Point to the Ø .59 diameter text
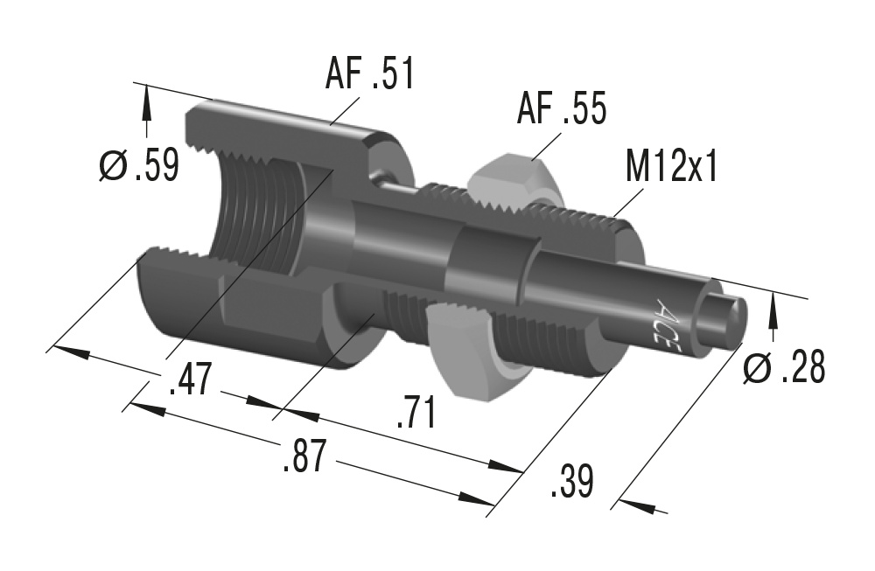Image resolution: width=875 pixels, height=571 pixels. [139, 164]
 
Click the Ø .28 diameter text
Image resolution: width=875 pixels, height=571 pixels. [783, 368]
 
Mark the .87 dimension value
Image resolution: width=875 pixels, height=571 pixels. [304, 456]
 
